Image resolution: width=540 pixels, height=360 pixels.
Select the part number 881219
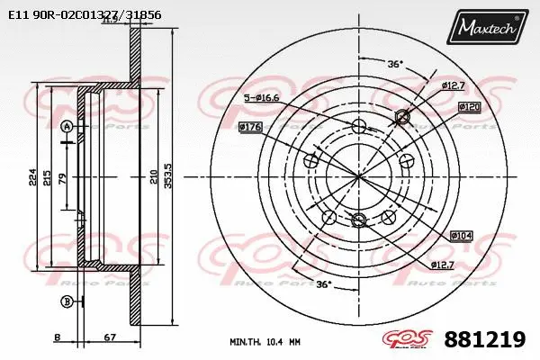[x=484, y=339]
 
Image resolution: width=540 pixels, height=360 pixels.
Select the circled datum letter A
[x=66, y=129]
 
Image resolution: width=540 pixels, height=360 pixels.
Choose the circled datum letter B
[x=66, y=301]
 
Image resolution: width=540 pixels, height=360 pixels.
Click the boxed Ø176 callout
[x=249, y=127]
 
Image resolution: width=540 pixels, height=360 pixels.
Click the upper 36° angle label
[x=394, y=64]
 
